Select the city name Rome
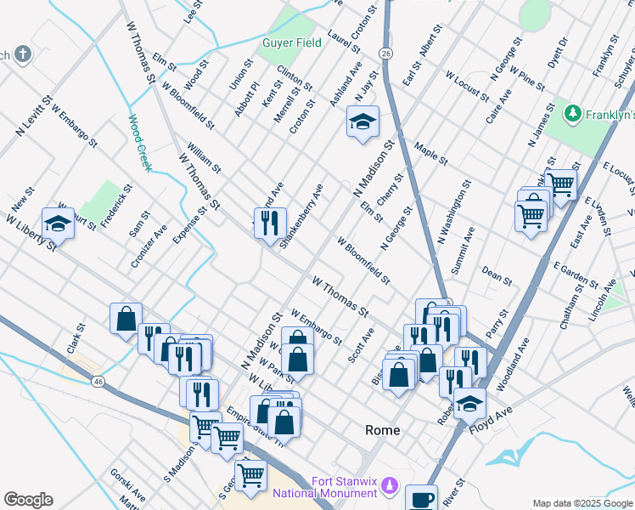point(382,430)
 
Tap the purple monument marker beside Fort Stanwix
point(390,486)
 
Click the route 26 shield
point(386,54)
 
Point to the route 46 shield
point(99,382)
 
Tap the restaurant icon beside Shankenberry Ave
point(270,223)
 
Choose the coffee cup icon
point(421,499)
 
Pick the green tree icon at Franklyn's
point(574,113)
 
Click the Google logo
point(28,500)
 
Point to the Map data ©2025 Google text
point(582,503)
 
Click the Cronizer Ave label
point(150,246)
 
